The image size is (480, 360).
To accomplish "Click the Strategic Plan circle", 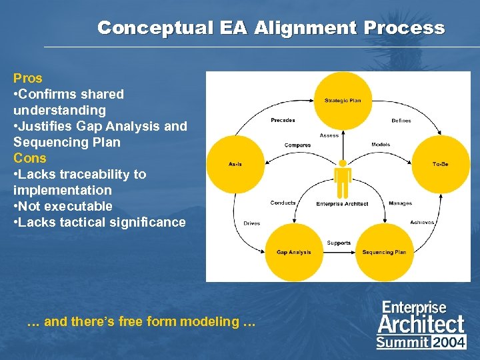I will (x=342, y=101).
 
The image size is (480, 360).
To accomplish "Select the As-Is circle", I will (x=235, y=164).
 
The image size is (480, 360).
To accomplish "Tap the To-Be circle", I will (x=440, y=164).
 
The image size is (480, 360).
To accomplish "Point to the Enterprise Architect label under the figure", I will (x=342, y=204).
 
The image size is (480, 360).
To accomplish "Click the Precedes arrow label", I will (x=283, y=121).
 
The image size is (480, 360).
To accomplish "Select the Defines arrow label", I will (x=401, y=121).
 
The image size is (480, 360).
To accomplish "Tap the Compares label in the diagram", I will (x=297, y=145).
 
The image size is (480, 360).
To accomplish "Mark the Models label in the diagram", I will (x=381, y=145).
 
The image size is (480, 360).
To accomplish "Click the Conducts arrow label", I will (x=283, y=203).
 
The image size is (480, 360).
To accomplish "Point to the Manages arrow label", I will (x=400, y=203).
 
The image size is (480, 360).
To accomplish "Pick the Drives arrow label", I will (x=251, y=223).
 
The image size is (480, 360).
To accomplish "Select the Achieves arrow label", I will (x=422, y=222).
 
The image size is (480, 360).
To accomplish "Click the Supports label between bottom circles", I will (x=339, y=243).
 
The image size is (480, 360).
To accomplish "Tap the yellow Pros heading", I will (x=27, y=78).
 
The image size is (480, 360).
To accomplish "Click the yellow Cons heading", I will (x=30, y=158).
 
